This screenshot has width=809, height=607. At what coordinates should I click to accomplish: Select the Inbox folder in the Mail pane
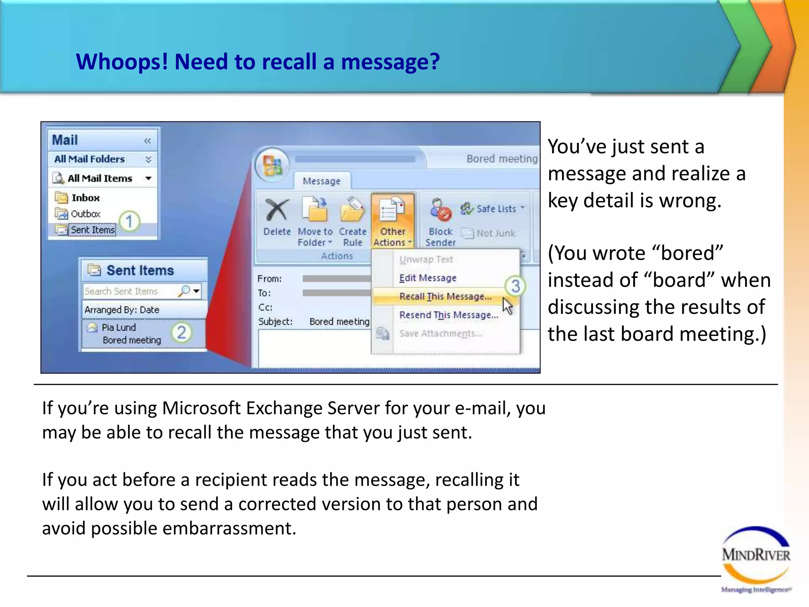click(x=85, y=198)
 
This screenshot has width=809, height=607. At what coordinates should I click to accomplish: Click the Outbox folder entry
click(x=85, y=214)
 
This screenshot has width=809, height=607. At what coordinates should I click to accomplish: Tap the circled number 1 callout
click(x=129, y=221)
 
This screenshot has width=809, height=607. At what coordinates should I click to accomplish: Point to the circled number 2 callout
click(x=182, y=333)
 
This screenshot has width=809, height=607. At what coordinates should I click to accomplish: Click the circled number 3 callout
click(x=515, y=286)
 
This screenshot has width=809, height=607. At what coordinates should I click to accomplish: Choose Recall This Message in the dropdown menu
click(x=445, y=296)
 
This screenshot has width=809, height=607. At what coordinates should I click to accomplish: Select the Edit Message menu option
click(x=427, y=278)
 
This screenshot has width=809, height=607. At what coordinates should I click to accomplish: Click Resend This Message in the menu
click(x=448, y=315)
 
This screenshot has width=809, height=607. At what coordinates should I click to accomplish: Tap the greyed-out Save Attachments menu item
click(x=440, y=334)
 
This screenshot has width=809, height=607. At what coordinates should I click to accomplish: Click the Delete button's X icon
click(x=277, y=210)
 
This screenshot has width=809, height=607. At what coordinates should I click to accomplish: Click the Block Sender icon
click(x=440, y=210)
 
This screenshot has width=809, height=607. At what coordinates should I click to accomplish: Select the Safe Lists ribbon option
click(x=496, y=209)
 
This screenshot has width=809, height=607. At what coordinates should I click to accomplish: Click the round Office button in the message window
click(x=273, y=165)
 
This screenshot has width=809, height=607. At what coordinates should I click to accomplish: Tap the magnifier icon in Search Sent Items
click(x=184, y=291)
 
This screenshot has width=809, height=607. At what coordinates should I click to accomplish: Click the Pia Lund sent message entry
click(x=131, y=334)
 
